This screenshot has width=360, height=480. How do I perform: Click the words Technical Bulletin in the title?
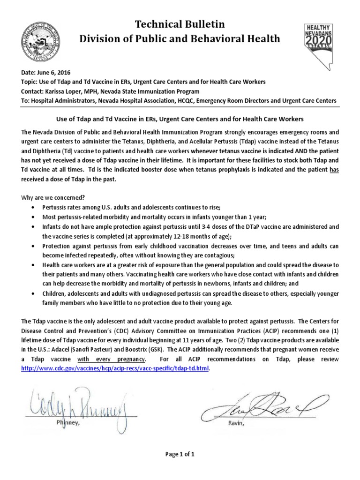[180, 24]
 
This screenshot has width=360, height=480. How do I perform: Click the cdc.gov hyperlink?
[115, 368]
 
